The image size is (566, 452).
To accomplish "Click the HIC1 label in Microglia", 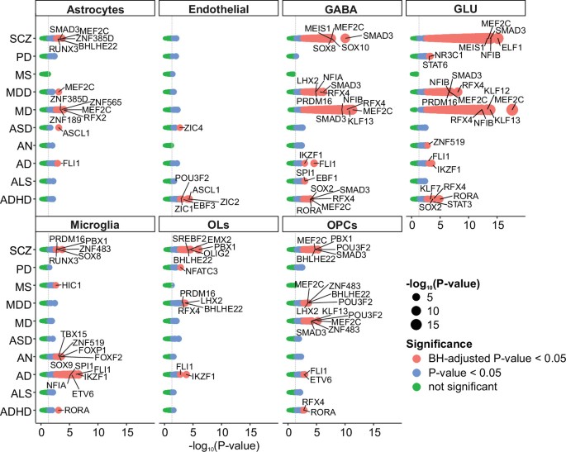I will [x=70, y=285].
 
